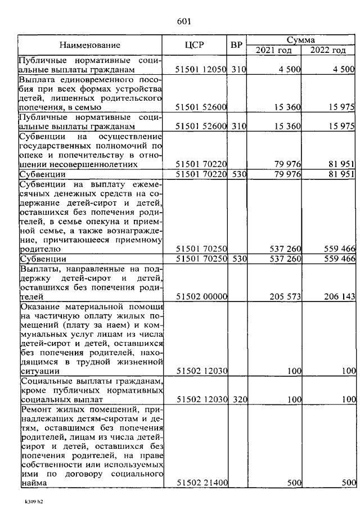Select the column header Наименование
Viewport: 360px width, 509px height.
click(x=90, y=44)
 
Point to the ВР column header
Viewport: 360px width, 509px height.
click(x=236, y=44)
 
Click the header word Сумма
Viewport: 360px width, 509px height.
click(x=300, y=40)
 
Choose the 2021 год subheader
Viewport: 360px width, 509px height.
click(x=274, y=50)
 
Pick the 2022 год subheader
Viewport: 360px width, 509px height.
click(x=328, y=50)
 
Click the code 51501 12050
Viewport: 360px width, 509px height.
click(x=201, y=70)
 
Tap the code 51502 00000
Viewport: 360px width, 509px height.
click(x=201, y=296)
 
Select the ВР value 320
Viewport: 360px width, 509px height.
click(x=238, y=399)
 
